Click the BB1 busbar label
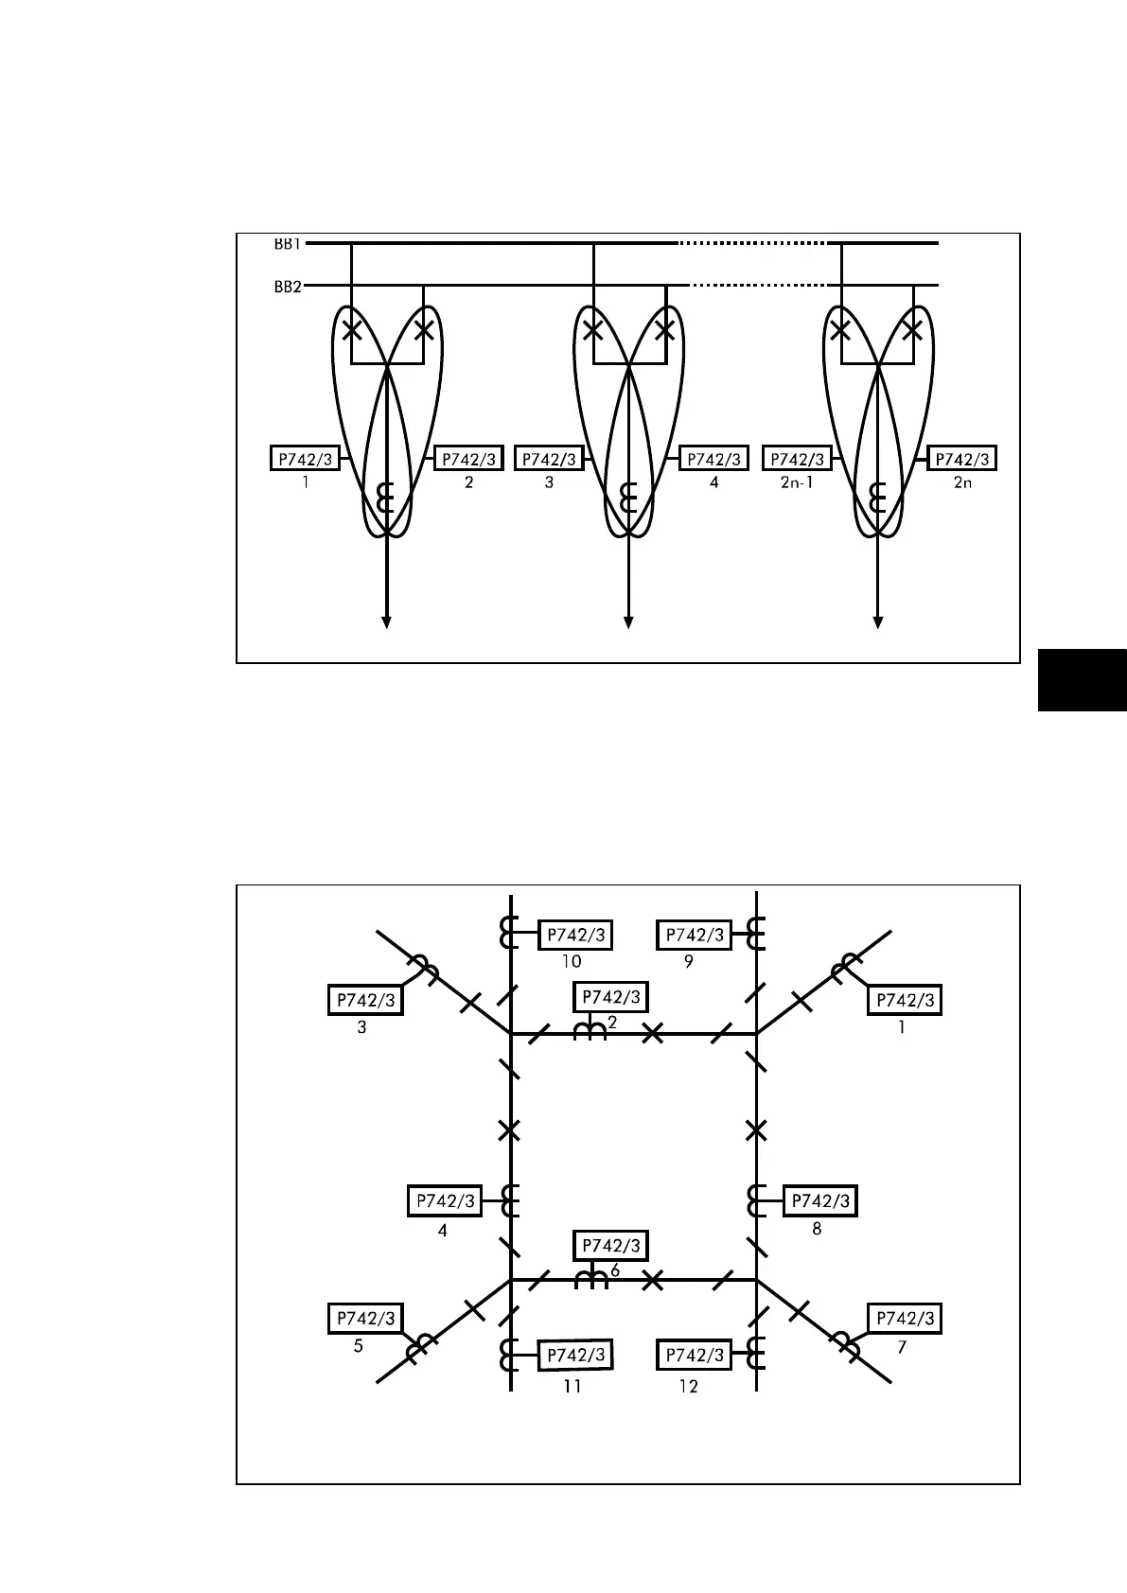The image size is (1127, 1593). click(288, 244)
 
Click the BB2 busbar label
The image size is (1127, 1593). click(288, 287)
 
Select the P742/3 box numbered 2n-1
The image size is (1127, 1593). click(798, 459)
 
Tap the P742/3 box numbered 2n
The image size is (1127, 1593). click(962, 459)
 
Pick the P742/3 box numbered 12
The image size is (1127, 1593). click(695, 1356)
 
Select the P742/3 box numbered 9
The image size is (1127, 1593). click(695, 936)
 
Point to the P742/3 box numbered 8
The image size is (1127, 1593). click(820, 1201)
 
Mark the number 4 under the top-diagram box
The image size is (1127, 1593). click(714, 482)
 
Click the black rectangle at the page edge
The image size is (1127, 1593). click(1082, 679)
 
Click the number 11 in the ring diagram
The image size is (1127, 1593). click(572, 1386)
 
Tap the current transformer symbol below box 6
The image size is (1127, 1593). click(591, 1279)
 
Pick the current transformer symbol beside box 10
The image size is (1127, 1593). click(509, 933)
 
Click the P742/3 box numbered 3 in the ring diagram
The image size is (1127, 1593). click(365, 1000)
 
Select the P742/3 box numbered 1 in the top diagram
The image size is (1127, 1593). click(305, 459)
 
